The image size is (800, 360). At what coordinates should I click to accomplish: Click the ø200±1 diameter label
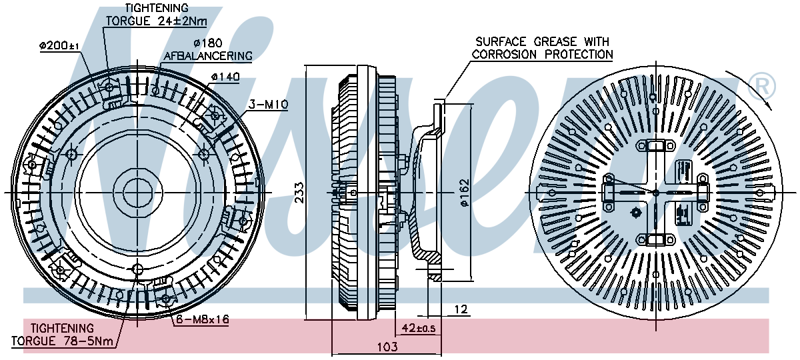point(59,46)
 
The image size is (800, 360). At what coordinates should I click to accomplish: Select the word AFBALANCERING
point(208,56)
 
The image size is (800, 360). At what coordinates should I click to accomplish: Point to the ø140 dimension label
point(225,77)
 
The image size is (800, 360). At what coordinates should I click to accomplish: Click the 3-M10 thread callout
point(267,104)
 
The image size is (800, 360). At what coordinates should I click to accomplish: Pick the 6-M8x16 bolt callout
point(202,320)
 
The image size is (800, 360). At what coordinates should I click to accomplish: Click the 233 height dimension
point(299,192)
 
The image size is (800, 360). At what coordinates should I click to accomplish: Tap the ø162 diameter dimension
point(465,193)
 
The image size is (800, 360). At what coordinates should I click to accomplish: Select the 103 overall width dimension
point(387,347)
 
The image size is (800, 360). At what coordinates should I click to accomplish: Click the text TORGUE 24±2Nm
point(156,21)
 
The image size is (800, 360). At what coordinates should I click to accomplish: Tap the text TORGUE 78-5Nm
point(63,341)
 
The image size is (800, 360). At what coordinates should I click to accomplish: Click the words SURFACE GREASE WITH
point(541,41)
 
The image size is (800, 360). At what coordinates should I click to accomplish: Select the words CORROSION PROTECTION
point(543,55)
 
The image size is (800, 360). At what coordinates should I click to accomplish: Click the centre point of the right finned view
point(655,193)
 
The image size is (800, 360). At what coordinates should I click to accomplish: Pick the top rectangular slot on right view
point(655,146)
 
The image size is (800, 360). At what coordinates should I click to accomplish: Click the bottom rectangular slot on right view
point(655,240)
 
